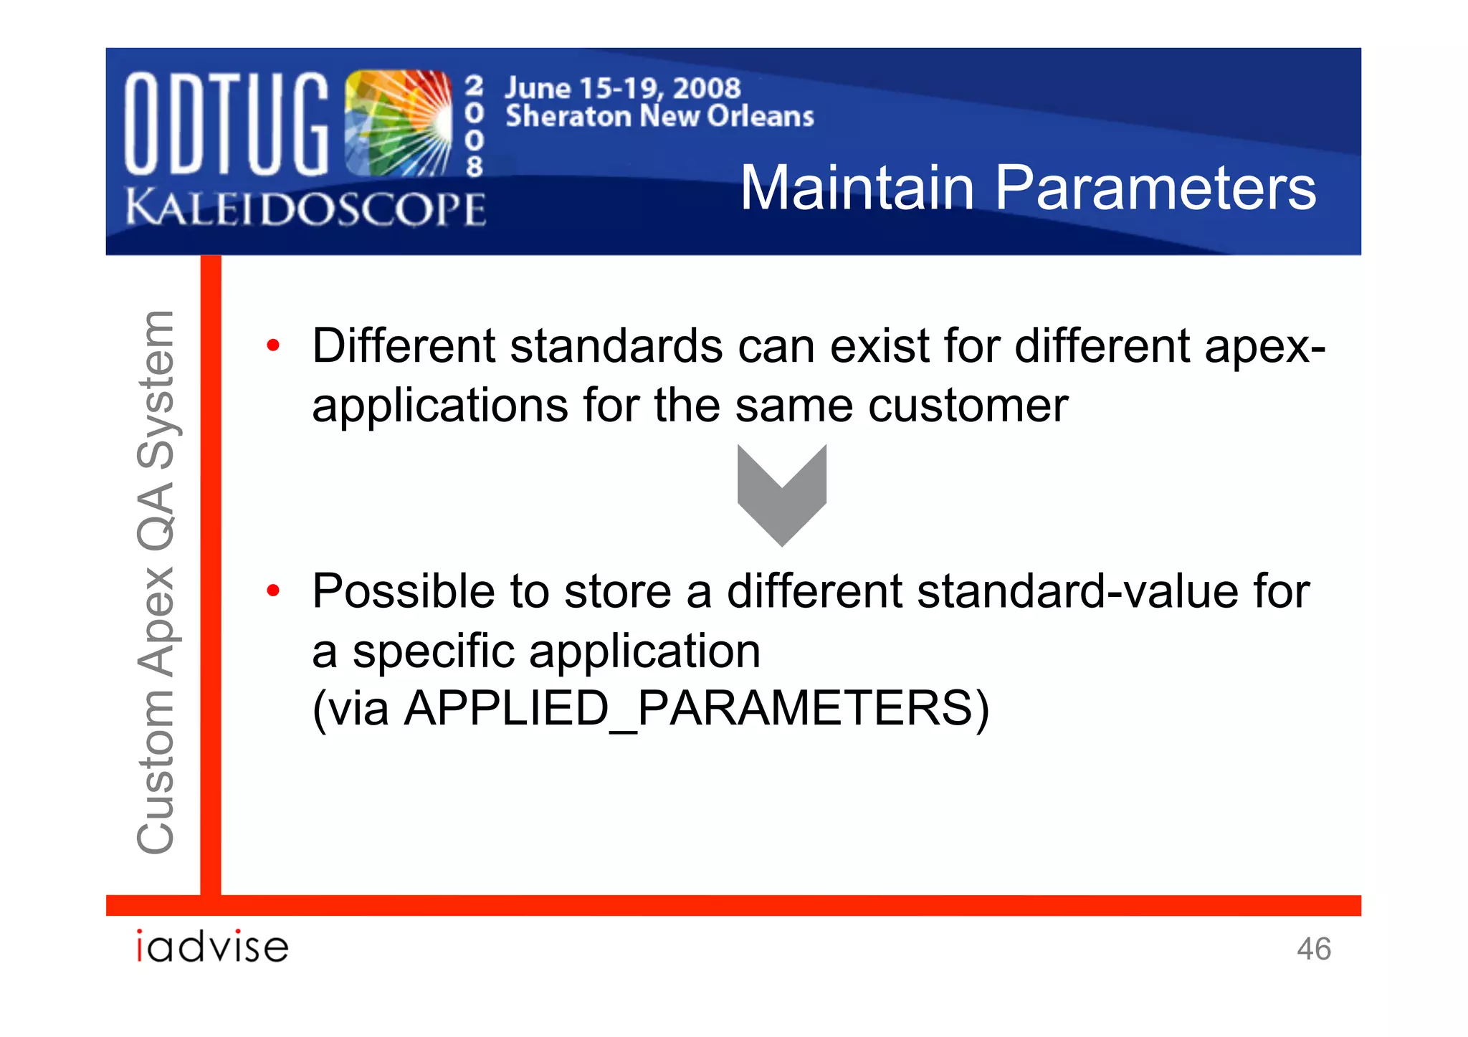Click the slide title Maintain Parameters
(x=1028, y=188)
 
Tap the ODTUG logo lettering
(x=227, y=124)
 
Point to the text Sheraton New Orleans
(x=659, y=116)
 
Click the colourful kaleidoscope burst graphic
(x=399, y=124)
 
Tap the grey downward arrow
(x=782, y=494)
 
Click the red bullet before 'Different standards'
(x=272, y=346)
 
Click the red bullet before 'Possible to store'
(x=272, y=591)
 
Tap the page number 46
(x=1313, y=949)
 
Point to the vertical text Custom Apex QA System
(x=156, y=582)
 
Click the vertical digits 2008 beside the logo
(x=474, y=126)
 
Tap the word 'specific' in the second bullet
(x=433, y=651)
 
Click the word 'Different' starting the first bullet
(x=403, y=346)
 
